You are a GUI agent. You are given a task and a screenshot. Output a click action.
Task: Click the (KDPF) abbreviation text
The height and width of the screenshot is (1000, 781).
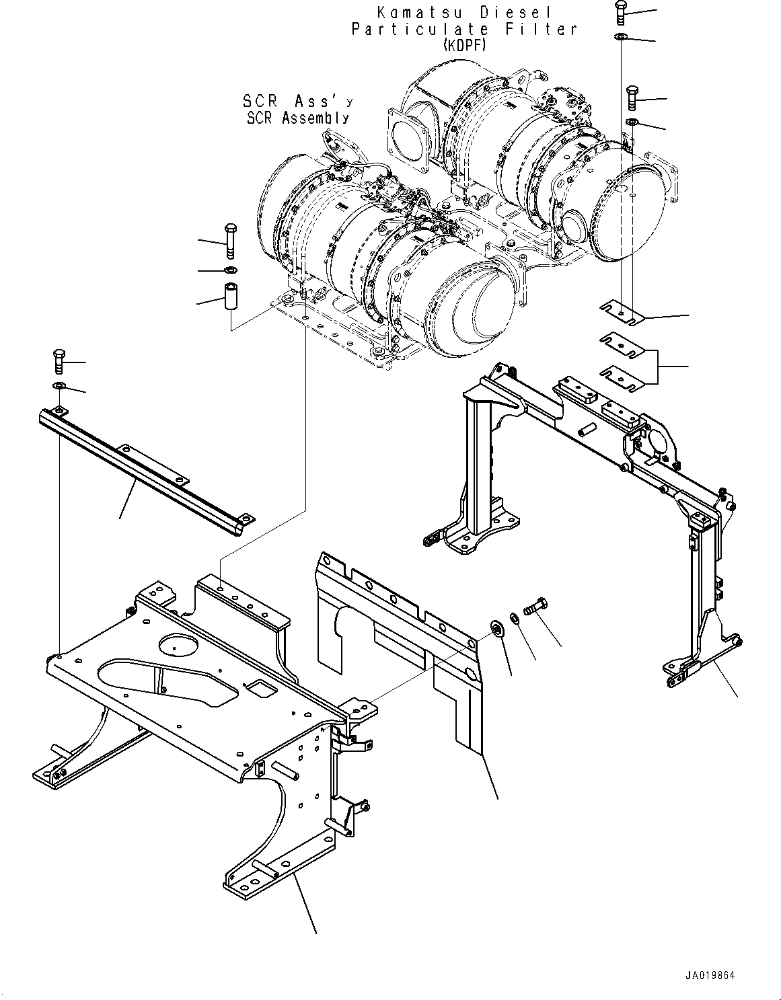[464, 45]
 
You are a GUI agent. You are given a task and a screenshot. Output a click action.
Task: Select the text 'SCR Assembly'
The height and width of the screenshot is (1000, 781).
[298, 118]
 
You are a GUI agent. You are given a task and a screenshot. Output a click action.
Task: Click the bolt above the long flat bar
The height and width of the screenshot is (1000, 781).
[59, 360]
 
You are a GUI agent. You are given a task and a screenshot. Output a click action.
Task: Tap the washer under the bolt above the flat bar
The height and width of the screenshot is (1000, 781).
[59, 385]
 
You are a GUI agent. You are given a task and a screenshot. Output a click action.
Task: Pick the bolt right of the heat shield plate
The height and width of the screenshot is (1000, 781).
[535, 606]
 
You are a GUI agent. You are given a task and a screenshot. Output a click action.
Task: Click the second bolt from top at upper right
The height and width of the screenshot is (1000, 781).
[632, 98]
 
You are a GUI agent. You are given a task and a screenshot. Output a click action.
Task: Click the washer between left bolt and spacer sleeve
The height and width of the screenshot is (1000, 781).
[230, 270]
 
